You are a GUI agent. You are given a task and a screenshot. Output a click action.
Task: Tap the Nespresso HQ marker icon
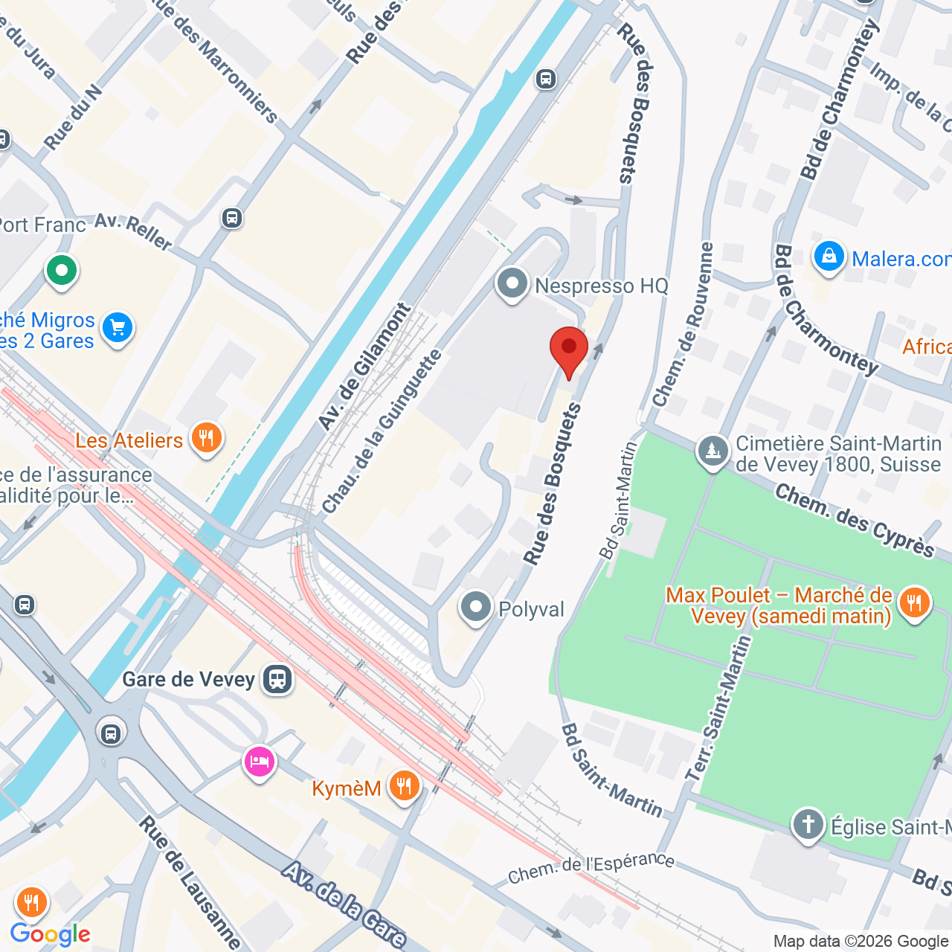512,284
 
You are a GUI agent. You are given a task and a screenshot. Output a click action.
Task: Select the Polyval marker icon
476,608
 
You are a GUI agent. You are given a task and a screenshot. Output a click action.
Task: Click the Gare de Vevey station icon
278,679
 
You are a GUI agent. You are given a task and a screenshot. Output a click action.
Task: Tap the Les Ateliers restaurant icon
206,439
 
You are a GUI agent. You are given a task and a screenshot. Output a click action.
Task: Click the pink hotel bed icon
259,762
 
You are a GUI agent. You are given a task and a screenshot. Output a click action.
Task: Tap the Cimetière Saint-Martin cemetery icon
713,451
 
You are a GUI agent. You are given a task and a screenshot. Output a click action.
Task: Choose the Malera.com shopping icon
829,257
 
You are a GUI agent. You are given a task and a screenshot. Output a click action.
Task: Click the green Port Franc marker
62,270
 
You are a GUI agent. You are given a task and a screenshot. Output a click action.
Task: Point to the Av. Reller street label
134,231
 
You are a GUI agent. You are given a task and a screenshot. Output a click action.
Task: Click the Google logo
51,934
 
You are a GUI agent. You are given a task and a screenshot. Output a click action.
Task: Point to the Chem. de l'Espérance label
591,868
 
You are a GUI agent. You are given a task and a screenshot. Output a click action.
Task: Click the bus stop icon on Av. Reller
232,218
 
